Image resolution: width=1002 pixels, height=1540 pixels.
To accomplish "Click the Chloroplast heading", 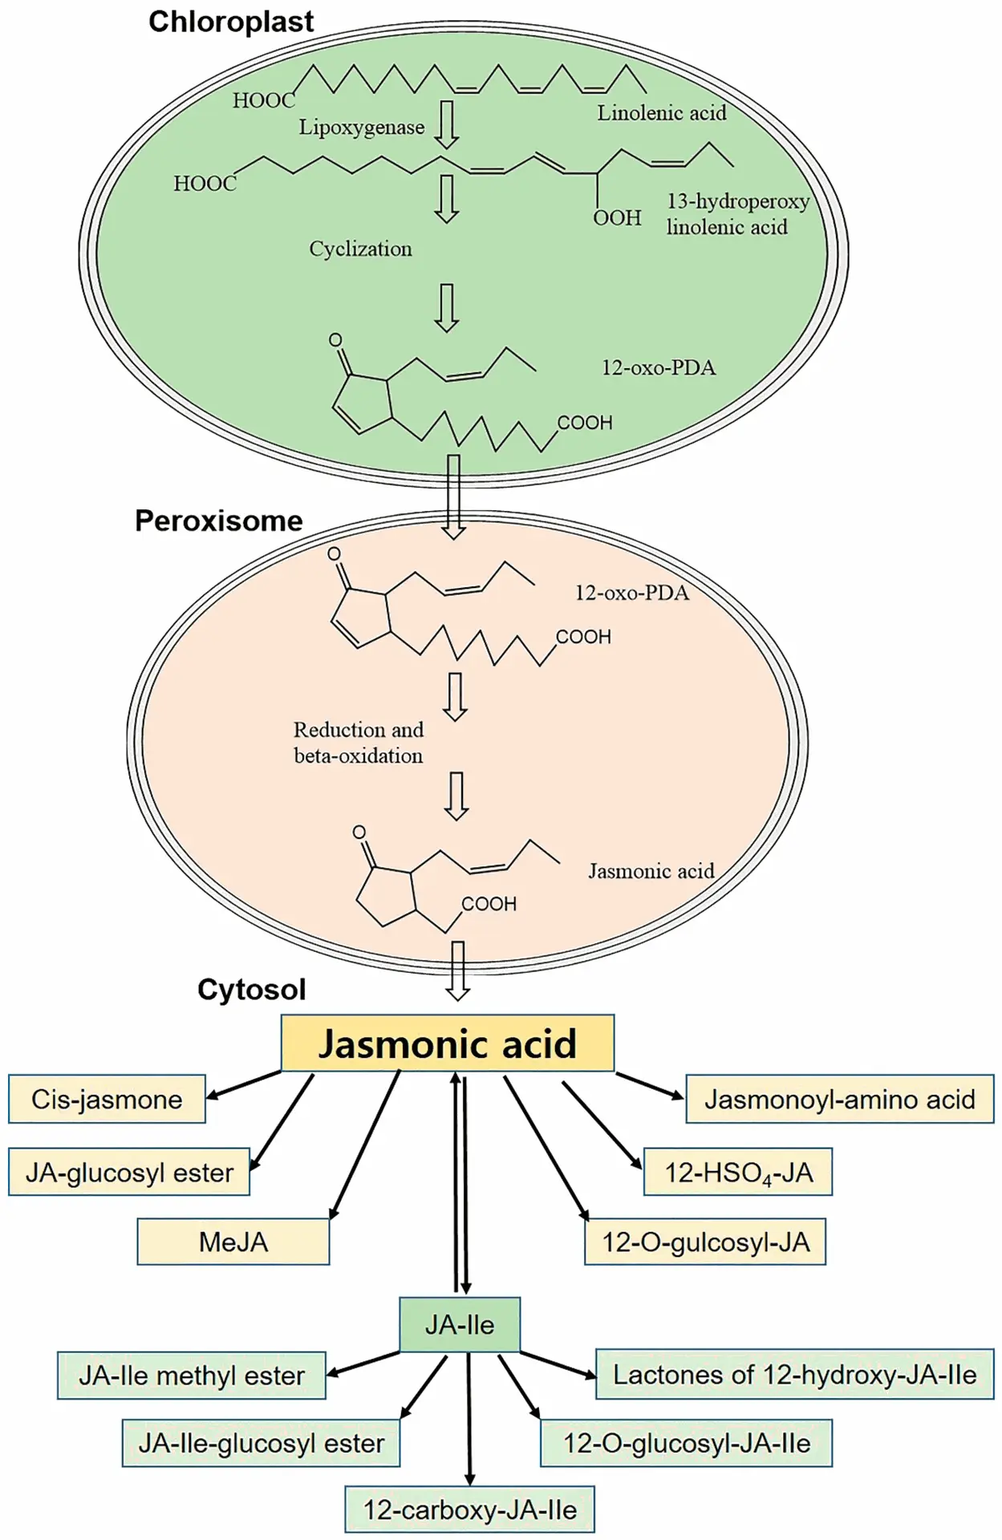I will click(x=231, y=22).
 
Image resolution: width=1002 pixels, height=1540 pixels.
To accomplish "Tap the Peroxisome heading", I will click(x=218, y=521).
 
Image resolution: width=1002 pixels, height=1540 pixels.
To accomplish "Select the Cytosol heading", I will click(x=251, y=990).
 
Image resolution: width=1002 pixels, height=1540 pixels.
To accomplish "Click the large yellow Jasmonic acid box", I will click(x=447, y=1044).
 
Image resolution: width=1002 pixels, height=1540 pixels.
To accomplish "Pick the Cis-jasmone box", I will click(x=107, y=1099).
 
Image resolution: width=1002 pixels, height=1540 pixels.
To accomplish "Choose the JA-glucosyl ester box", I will click(x=129, y=1173).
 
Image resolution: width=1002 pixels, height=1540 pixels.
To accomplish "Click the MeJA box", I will click(x=233, y=1242).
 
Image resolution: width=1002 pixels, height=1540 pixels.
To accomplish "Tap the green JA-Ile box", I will click(x=460, y=1324).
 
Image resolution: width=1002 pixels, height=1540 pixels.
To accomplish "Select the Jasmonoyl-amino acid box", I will click(x=839, y=1099).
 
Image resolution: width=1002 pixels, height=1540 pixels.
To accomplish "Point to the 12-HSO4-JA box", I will click(x=738, y=1173).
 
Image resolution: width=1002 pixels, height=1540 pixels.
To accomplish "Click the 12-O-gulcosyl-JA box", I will click(x=705, y=1242).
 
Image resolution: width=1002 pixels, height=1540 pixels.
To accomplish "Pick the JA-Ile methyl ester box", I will click(x=191, y=1376).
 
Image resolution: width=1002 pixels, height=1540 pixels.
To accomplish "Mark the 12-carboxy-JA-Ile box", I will click(x=469, y=1510).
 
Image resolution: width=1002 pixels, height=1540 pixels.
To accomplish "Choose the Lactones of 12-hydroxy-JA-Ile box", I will click(x=794, y=1375).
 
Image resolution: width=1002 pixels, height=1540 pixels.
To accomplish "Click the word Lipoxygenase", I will click(x=362, y=128).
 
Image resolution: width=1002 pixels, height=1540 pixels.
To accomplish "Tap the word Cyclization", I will click(x=360, y=249).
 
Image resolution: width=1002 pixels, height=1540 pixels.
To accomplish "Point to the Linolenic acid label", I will click(x=661, y=113).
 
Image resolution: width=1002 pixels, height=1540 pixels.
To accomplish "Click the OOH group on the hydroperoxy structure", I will click(x=617, y=217).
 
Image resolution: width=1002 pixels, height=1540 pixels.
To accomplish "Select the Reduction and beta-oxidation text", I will click(x=358, y=743).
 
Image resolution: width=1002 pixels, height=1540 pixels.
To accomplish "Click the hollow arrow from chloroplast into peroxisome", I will click(x=454, y=497).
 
